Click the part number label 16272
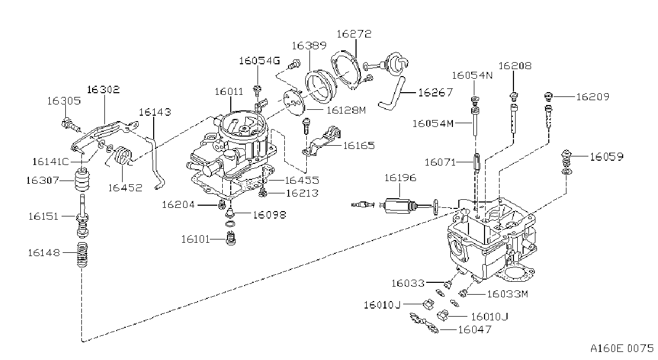[x=354, y=34]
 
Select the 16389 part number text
[x=309, y=46]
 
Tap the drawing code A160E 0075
[x=622, y=349]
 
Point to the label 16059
[x=607, y=156]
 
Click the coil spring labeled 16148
[x=82, y=254]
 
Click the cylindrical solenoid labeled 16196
[x=399, y=205]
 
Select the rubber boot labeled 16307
[x=82, y=179]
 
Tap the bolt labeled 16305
[x=71, y=125]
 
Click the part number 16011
[x=229, y=92]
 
